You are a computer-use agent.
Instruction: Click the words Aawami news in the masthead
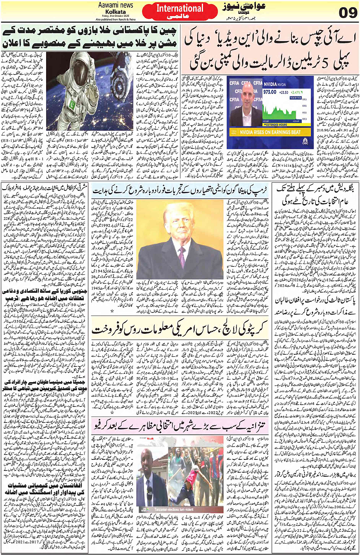pyautogui.click(x=115, y=5)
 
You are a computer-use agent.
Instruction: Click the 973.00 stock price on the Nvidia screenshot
pyautogui.click(x=269, y=92)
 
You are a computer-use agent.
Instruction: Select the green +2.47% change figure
pyautogui.click(x=296, y=92)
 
